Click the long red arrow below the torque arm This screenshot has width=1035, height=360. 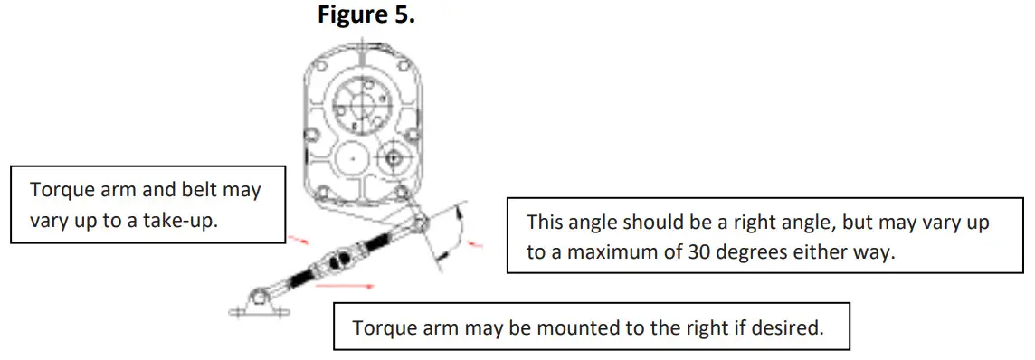pos(345,284)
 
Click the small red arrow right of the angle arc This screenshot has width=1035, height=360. pos(477,244)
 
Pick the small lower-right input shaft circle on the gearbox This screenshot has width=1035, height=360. pos(392,157)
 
